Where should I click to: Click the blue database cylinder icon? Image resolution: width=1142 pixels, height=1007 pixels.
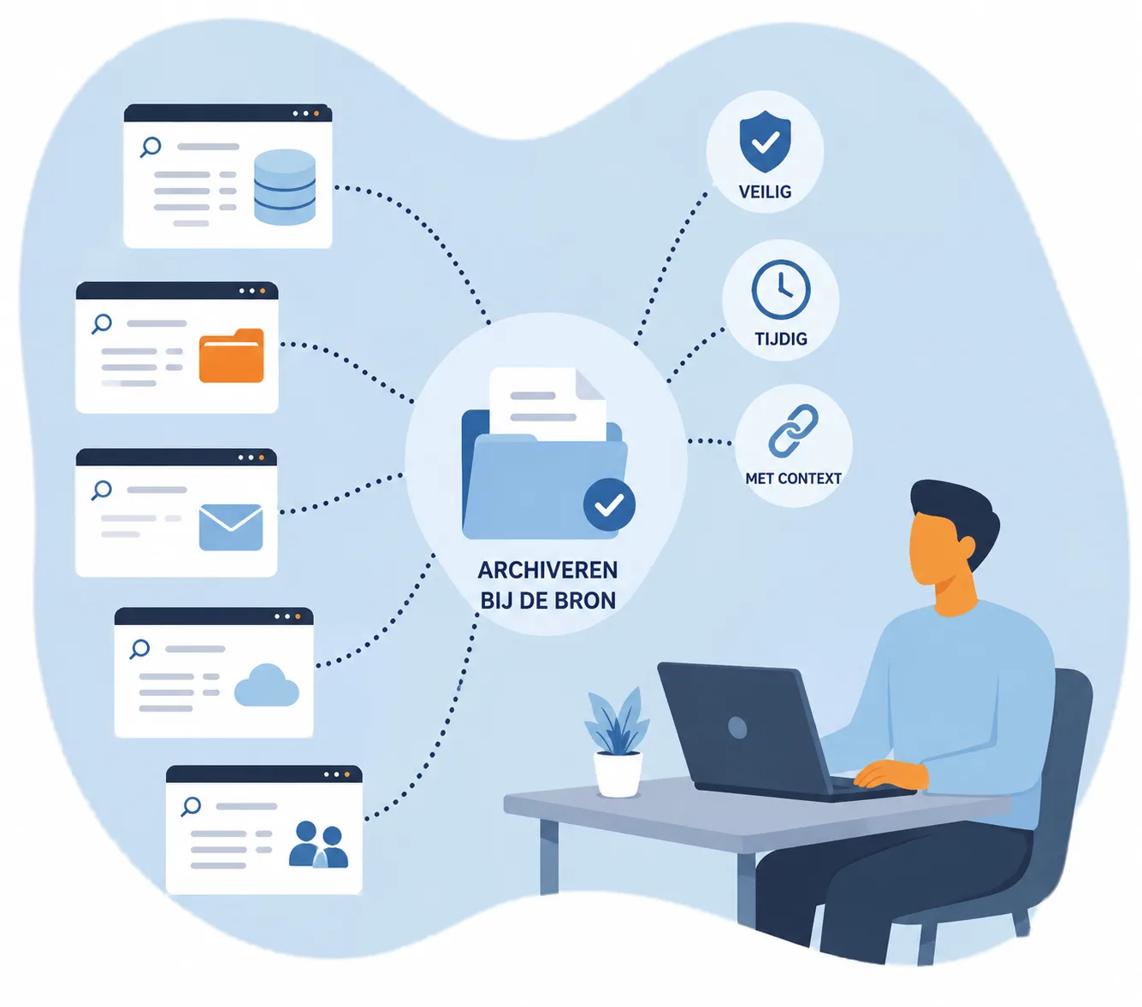click(x=284, y=187)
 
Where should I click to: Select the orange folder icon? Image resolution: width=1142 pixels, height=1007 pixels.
click(x=231, y=356)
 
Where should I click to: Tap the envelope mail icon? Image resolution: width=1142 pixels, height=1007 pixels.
click(x=231, y=527)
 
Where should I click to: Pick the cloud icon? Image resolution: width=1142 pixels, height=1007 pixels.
click(x=266, y=685)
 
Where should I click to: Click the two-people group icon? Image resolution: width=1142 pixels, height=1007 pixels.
click(x=318, y=844)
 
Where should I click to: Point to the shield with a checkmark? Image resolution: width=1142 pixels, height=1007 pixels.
click(x=765, y=141)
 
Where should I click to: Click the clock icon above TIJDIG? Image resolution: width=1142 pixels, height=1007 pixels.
click(x=781, y=290)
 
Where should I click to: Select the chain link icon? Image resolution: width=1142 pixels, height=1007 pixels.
click(x=793, y=430)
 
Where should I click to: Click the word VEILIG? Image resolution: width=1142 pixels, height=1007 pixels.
click(x=765, y=191)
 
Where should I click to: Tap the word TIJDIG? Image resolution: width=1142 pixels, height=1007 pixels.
click(x=781, y=339)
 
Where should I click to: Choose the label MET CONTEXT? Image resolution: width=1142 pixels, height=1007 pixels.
click(x=793, y=478)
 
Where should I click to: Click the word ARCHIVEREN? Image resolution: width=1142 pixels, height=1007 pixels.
click(x=547, y=570)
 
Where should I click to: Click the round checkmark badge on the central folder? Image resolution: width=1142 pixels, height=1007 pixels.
click(x=609, y=504)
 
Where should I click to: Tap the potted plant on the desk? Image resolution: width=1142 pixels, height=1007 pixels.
click(x=618, y=741)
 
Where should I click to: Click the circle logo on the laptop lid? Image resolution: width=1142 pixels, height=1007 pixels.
click(x=737, y=727)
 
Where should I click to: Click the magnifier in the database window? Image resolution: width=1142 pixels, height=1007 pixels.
click(x=151, y=147)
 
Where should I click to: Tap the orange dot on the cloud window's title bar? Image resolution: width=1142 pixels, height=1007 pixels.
click(x=297, y=616)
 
